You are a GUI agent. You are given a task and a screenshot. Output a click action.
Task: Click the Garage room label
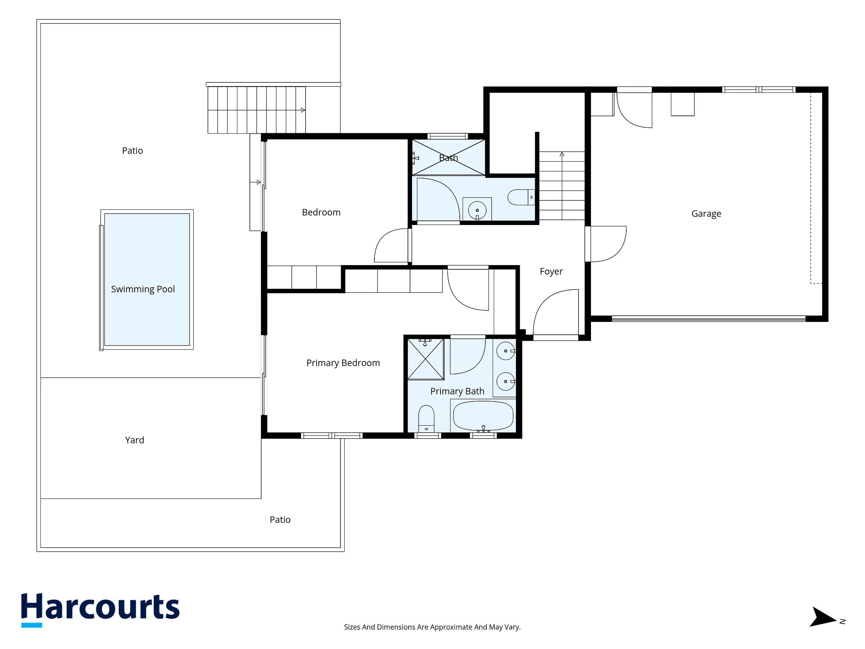(706, 214)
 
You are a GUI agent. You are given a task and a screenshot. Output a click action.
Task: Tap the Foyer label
(551, 271)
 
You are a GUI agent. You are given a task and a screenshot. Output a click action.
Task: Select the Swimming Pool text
(143, 289)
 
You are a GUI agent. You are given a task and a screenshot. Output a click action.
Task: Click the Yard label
(135, 440)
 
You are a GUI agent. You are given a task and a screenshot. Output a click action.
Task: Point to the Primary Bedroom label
(343, 363)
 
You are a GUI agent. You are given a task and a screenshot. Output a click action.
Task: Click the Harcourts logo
(100, 610)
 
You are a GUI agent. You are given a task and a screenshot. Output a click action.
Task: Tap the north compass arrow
(822, 617)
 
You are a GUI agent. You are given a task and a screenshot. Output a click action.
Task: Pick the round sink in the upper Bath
(477, 210)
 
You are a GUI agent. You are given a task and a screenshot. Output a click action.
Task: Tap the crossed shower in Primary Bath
(426, 359)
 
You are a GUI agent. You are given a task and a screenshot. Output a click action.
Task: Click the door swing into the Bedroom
(391, 245)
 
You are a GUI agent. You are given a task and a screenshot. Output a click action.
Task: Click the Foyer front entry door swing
(556, 312)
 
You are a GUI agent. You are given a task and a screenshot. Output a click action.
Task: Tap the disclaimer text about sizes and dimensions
(432, 627)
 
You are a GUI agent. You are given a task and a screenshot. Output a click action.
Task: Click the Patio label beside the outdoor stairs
(132, 151)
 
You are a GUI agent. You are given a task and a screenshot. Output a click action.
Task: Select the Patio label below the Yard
(280, 520)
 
